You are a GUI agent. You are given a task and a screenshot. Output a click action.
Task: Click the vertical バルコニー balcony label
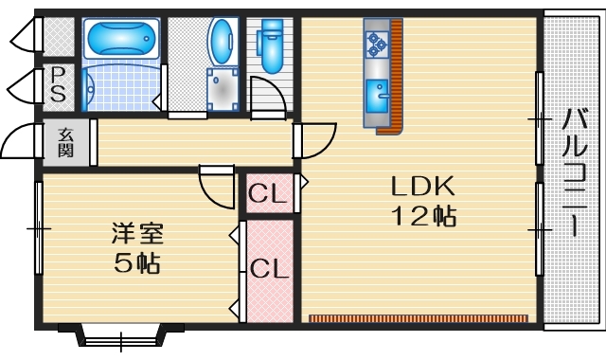coord(574,171)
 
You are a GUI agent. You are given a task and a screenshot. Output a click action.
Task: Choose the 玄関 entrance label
coord(67,141)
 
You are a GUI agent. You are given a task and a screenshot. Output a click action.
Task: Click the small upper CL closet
coord(268,194)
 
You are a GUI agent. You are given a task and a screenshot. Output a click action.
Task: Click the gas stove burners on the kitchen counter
coord(377,42)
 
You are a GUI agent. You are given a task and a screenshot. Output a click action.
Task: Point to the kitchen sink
coord(377,96)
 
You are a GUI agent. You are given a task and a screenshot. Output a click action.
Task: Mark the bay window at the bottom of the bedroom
coord(120,335)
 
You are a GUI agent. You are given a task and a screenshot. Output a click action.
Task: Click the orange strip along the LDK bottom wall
coord(418,317)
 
